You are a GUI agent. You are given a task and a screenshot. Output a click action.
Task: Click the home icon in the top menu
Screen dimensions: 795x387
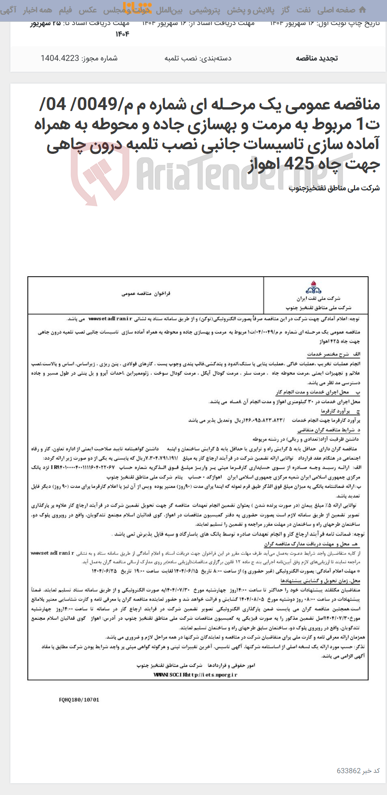click(x=362, y=9)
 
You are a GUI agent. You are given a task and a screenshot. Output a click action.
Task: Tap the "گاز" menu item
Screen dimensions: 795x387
click(x=285, y=9)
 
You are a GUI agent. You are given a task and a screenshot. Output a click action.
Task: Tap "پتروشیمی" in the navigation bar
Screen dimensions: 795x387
click(x=204, y=9)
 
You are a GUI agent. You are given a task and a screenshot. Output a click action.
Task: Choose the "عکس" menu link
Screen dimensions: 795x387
click(x=88, y=9)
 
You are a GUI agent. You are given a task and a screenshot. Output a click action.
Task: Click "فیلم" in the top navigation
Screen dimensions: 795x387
click(x=65, y=9)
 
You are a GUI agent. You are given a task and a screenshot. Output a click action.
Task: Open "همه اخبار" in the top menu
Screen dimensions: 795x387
click(x=39, y=9)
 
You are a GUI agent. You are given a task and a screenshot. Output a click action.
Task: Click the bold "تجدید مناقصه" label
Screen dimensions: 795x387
click(x=317, y=59)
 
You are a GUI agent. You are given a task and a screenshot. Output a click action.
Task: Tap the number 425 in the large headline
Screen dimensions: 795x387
click(x=301, y=164)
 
